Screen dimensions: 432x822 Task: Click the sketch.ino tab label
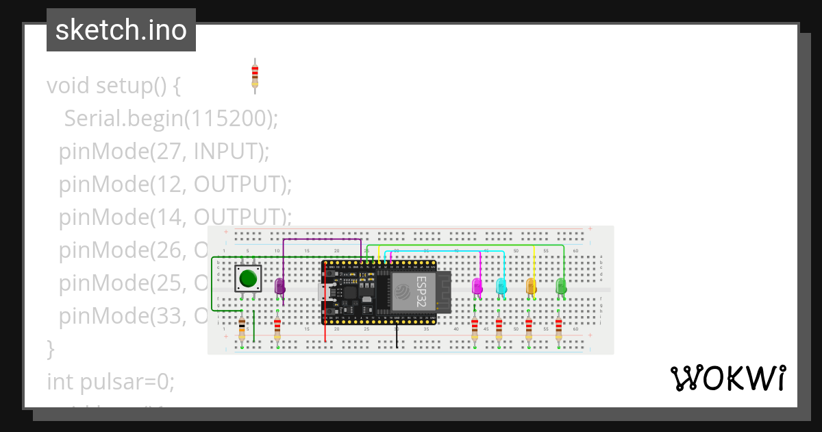tap(121, 30)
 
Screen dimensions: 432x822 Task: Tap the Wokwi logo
tap(727, 379)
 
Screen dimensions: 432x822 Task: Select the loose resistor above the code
tap(255, 73)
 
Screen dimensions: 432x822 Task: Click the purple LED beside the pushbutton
tap(279, 286)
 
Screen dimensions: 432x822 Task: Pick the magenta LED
tap(477, 286)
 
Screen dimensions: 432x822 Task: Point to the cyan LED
tap(501, 286)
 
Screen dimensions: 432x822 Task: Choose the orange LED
tap(531, 286)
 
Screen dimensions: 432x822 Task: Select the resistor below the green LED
tap(559, 329)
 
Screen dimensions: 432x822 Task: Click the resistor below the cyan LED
tap(499, 329)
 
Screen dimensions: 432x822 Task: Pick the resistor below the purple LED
tap(277, 329)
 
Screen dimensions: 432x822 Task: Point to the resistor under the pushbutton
tap(242, 330)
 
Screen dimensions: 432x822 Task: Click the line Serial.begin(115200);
tap(171, 119)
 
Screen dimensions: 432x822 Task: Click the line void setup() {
tap(114, 86)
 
